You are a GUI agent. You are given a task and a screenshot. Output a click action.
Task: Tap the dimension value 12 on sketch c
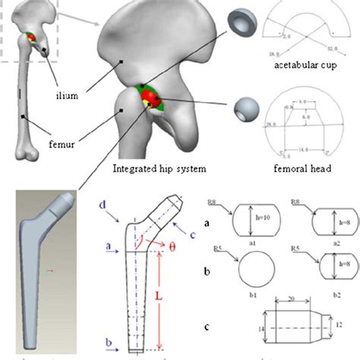[338, 327]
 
